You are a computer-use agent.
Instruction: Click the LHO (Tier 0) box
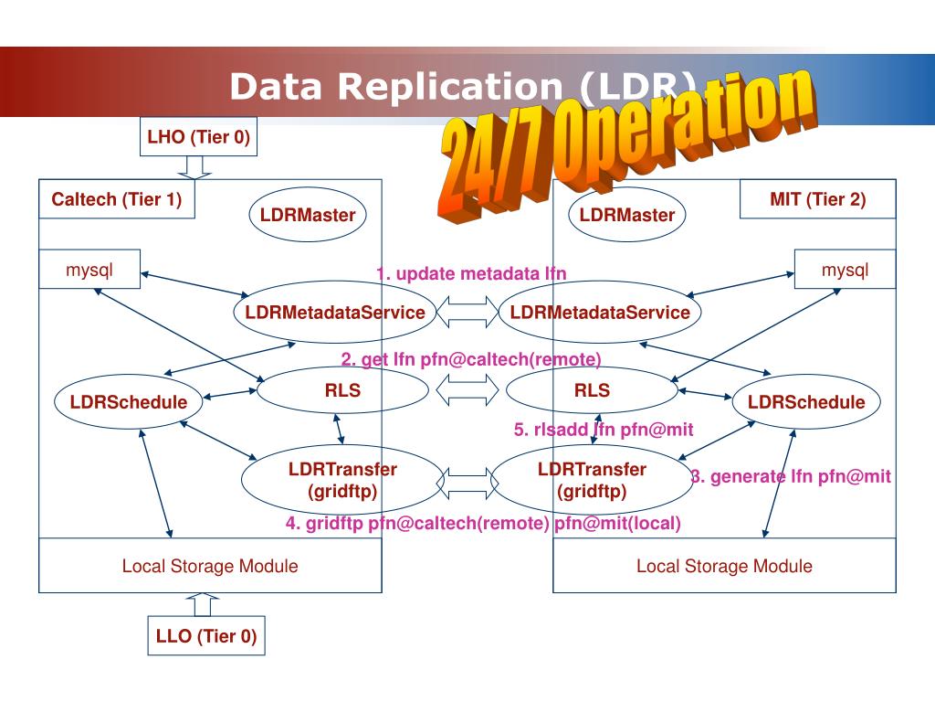tap(198, 138)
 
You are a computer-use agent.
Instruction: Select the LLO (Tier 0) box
tap(206, 636)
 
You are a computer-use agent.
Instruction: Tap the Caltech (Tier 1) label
tap(117, 199)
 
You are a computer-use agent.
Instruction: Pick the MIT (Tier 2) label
tap(817, 199)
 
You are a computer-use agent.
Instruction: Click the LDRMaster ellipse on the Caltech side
tap(307, 215)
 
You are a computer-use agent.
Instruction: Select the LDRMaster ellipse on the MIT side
tap(626, 215)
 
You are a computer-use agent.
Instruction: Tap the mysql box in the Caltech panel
tap(89, 270)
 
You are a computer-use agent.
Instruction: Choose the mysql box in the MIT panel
tap(845, 270)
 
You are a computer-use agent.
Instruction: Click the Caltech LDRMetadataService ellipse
tap(335, 313)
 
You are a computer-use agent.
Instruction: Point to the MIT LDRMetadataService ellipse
tap(600, 313)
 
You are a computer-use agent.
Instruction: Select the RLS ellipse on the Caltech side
tap(342, 391)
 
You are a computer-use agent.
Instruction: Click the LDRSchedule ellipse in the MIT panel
tap(806, 402)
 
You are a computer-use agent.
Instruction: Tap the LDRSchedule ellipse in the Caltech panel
tap(129, 402)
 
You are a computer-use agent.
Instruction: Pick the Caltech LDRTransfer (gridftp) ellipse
tap(342, 480)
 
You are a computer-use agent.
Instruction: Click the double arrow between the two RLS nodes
tap(467, 391)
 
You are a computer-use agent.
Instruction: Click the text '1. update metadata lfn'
tap(471, 274)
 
